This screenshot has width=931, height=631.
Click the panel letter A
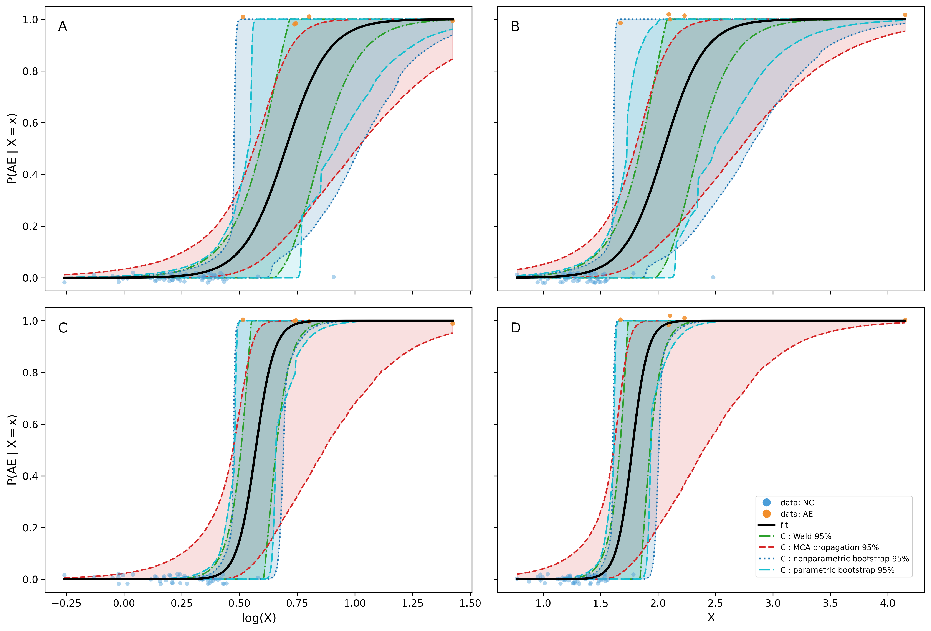tap(63, 26)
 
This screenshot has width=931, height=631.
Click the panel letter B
tap(515, 26)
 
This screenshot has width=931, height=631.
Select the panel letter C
tap(63, 328)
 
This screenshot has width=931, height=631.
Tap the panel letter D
tap(516, 328)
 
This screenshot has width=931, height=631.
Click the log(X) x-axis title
tap(259, 618)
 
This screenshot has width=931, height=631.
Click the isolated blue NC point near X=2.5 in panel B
tap(713, 277)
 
